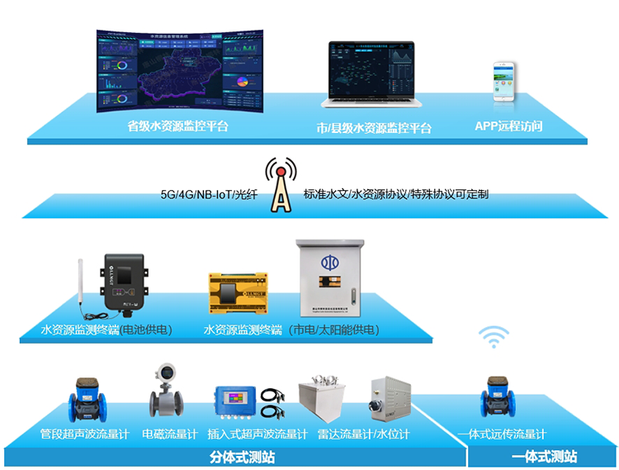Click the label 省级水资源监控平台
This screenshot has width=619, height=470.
[x=177, y=127]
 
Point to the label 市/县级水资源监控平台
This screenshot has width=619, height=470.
[x=374, y=128]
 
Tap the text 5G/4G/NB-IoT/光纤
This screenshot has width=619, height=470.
[x=209, y=196]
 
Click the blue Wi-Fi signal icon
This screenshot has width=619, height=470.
[x=494, y=337]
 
